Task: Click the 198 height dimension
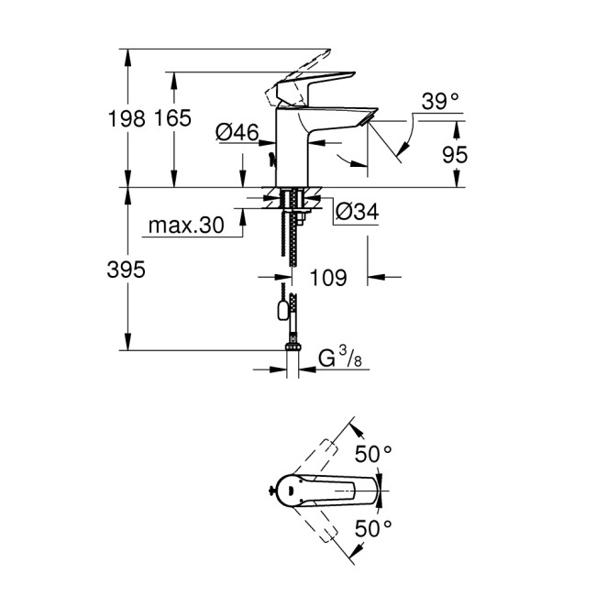pyautogui.click(x=127, y=118)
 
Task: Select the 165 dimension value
pyautogui.click(x=173, y=118)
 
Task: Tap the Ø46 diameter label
pyautogui.click(x=236, y=133)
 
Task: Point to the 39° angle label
pyautogui.click(x=441, y=101)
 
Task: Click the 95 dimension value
pyautogui.click(x=455, y=154)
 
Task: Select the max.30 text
pyautogui.click(x=188, y=226)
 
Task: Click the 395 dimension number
pyautogui.click(x=127, y=270)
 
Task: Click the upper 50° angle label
pyautogui.click(x=373, y=452)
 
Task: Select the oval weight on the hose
pyautogui.click(x=279, y=311)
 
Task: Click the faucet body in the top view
pyautogui.click(x=312, y=490)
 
